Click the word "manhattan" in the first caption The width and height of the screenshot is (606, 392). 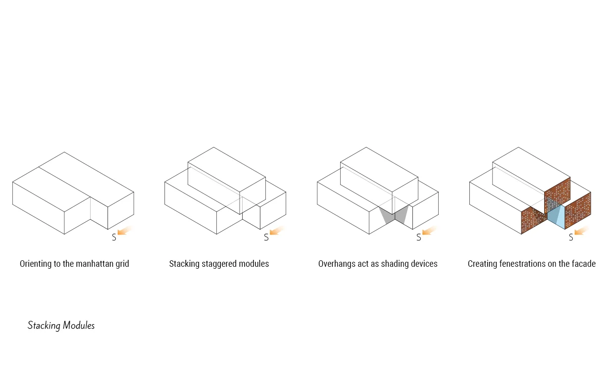coord(94,264)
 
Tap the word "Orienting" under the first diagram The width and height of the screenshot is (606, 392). coord(36,264)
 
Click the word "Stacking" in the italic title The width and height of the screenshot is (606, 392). coord(44,326)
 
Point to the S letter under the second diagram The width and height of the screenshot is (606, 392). coord(266,238)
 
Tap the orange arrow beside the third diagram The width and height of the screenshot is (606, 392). coord(429,231)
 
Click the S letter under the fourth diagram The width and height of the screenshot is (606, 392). coord(571,238)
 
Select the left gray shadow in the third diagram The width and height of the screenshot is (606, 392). coord(386,216)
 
